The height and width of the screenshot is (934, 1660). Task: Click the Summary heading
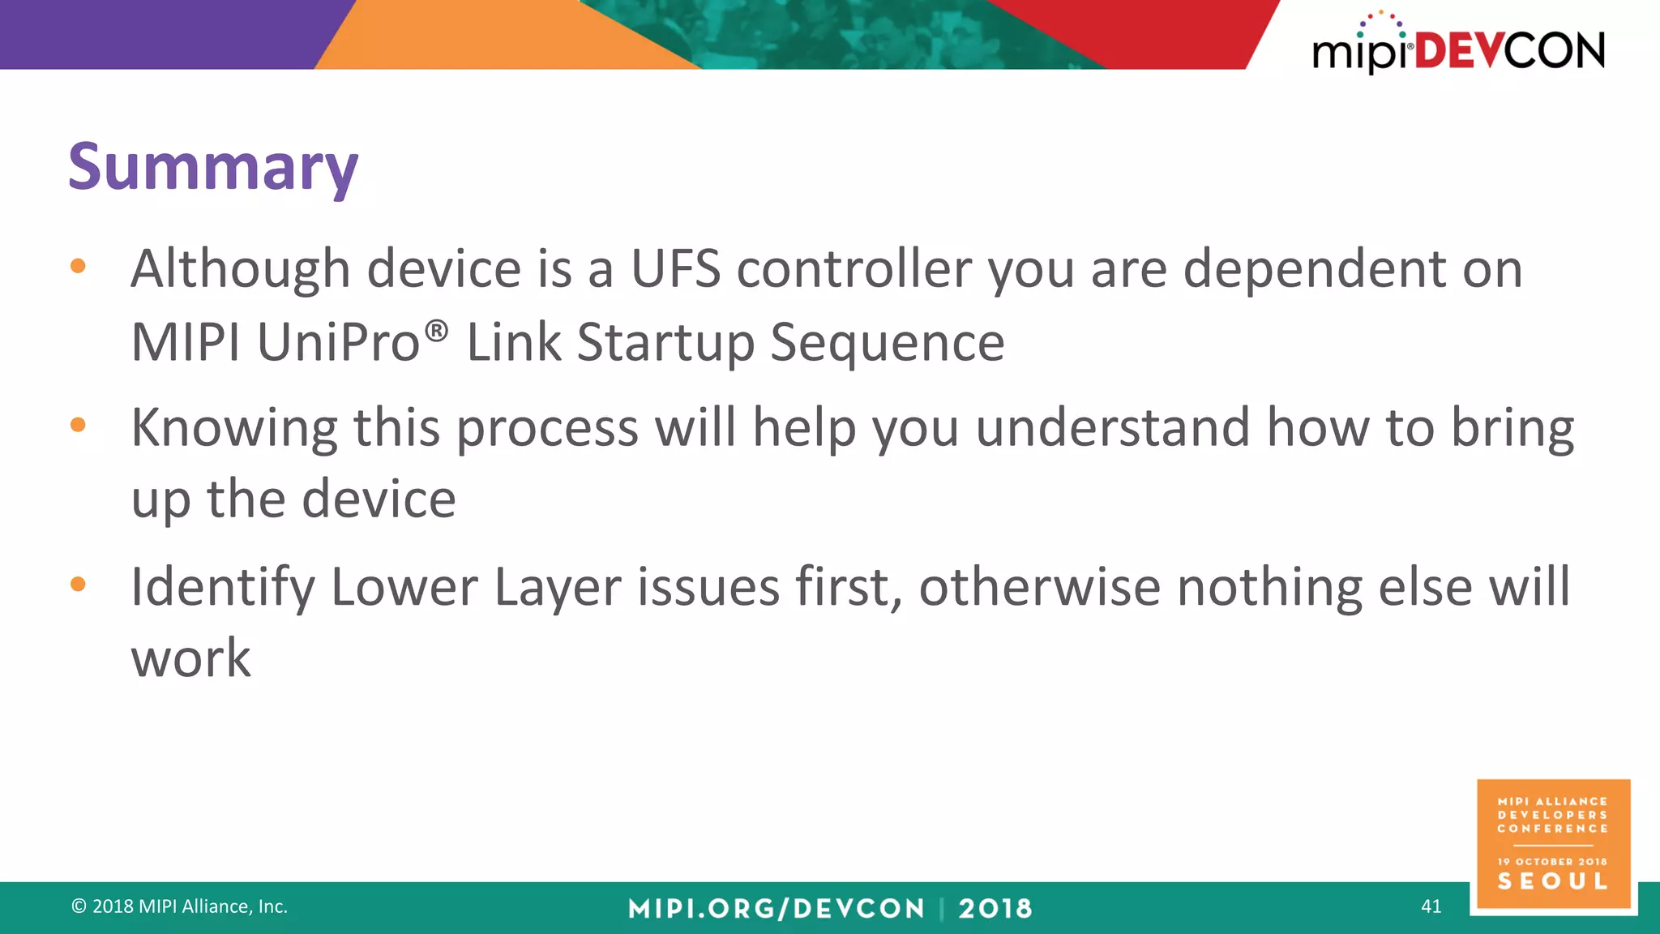213,167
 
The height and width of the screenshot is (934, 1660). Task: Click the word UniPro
338,342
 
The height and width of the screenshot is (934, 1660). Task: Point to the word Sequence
887,342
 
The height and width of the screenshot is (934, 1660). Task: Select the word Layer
557,587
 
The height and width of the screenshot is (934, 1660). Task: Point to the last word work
191,658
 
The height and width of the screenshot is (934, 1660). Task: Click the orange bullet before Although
78,266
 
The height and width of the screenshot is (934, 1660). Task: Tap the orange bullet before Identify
78,584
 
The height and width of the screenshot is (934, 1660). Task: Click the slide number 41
1431,906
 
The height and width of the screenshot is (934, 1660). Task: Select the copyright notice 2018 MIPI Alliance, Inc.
180,906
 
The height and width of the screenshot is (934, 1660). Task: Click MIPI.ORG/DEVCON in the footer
776,908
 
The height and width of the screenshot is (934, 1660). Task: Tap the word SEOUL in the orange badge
1552,881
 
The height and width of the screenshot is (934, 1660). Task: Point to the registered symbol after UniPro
436,330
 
